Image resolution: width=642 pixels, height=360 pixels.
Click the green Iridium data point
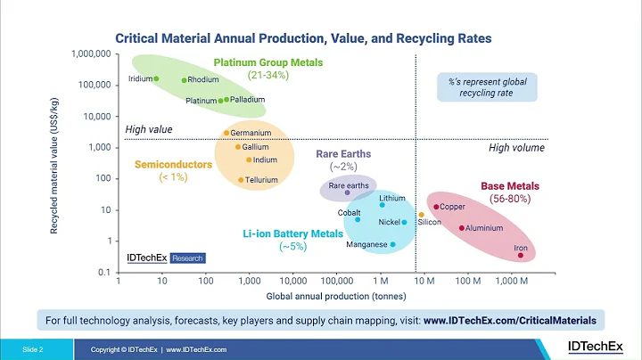click(x=156, y=78)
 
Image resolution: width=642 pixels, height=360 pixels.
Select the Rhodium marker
click(x=185, y=80)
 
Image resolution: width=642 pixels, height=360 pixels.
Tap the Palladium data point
click(x=226, y=100)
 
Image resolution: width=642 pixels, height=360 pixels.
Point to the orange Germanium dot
click(x=226, y=133)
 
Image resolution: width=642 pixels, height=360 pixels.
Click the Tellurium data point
click(x=241, y=179)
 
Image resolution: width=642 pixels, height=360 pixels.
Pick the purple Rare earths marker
click(x=348, y=192)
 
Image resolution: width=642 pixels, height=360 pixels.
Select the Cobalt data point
click(x=358, y=219)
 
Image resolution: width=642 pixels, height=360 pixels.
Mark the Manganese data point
click(x=392, y=244)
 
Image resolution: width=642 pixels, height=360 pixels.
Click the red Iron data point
click(x=521, y=256)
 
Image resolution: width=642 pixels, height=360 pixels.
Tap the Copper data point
click(x=436, y=207)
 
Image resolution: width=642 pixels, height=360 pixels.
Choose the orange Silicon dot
click(x=421, y=215)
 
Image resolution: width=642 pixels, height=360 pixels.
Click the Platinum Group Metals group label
click(x=267, y=62)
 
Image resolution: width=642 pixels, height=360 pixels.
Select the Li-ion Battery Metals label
click(x=292, y=233)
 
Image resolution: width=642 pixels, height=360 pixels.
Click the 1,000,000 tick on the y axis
click(x=89, y=54)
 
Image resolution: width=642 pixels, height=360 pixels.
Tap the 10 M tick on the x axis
click(x=424, y=281)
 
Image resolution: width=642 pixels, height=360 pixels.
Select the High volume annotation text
click(x=516, y=148)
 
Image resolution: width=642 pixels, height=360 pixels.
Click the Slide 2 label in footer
click(x=33, y=349)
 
